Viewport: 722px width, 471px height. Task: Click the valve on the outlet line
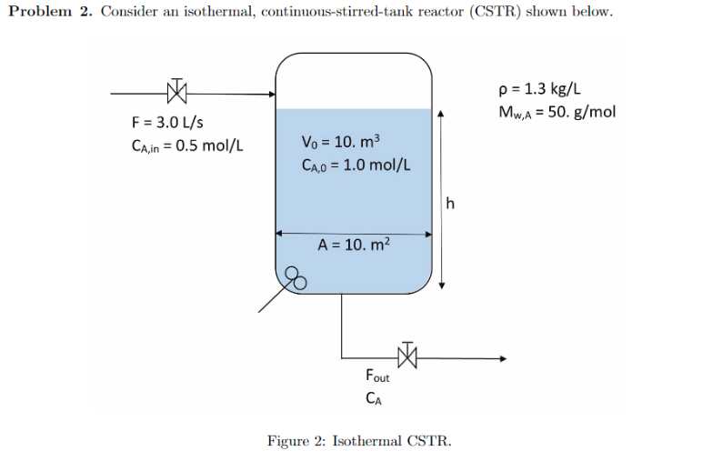pyautogui.click(x=406, y=356)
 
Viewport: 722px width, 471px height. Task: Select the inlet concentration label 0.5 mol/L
pyautogui.click(x=187, y=145)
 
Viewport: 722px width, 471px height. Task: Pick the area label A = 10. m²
pyautogui.click(x=354, y=245)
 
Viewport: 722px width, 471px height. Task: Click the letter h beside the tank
pyautogui.click(x=452, y=202)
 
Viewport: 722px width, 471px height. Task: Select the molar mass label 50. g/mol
pyautogui.click(x=557, y=112)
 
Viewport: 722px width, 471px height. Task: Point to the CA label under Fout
pyautogui.click(x=374, y=397)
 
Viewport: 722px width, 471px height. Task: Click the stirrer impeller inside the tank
pyautogui.click(x=296, y=276)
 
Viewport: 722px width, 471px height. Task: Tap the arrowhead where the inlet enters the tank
pyautogui.click(x=270, y=94)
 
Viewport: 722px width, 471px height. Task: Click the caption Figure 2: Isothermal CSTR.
pyautogui.click(x=359, y=441)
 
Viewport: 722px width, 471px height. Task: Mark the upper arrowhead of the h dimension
pyautogui.click(x=440, y=115)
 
